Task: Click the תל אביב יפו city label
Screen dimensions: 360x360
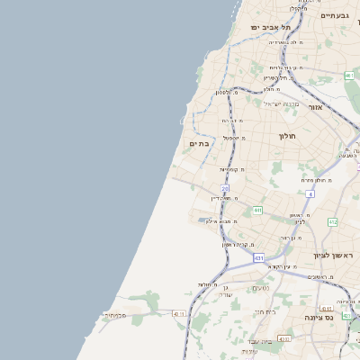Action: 267,28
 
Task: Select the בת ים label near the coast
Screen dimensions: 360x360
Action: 199,143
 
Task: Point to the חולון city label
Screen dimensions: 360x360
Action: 287,136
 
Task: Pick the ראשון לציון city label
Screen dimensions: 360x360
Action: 335,256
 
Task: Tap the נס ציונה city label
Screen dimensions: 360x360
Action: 338,317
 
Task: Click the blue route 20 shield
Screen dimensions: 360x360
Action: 225,188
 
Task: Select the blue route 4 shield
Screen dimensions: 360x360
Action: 310,193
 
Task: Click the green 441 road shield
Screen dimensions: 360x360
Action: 257,211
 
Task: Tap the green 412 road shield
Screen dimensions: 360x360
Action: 332,221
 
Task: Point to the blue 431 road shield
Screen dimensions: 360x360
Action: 258,258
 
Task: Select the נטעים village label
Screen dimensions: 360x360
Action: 260,288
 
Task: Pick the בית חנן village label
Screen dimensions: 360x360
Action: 264,311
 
